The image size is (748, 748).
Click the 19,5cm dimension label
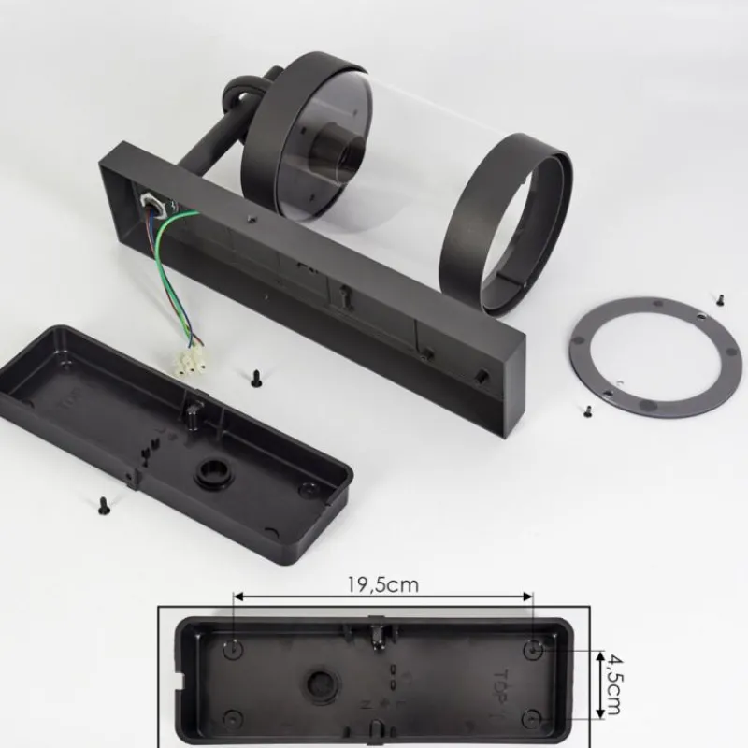pyautogui.click(x=382, y=585)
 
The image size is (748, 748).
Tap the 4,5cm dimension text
pyautogui.click(x=612, y=684)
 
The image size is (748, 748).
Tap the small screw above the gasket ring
pyautogui.click(x=720, y=299)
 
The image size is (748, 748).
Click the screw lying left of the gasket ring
pyautogui.click(x=586, y=410)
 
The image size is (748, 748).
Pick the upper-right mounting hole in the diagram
pyautogui.click(x=533, y=647)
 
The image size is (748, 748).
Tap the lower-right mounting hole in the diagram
pyautogui.click(x=533, y=718)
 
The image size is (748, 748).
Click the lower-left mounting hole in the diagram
pyautogui.click(x=234, y=718)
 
